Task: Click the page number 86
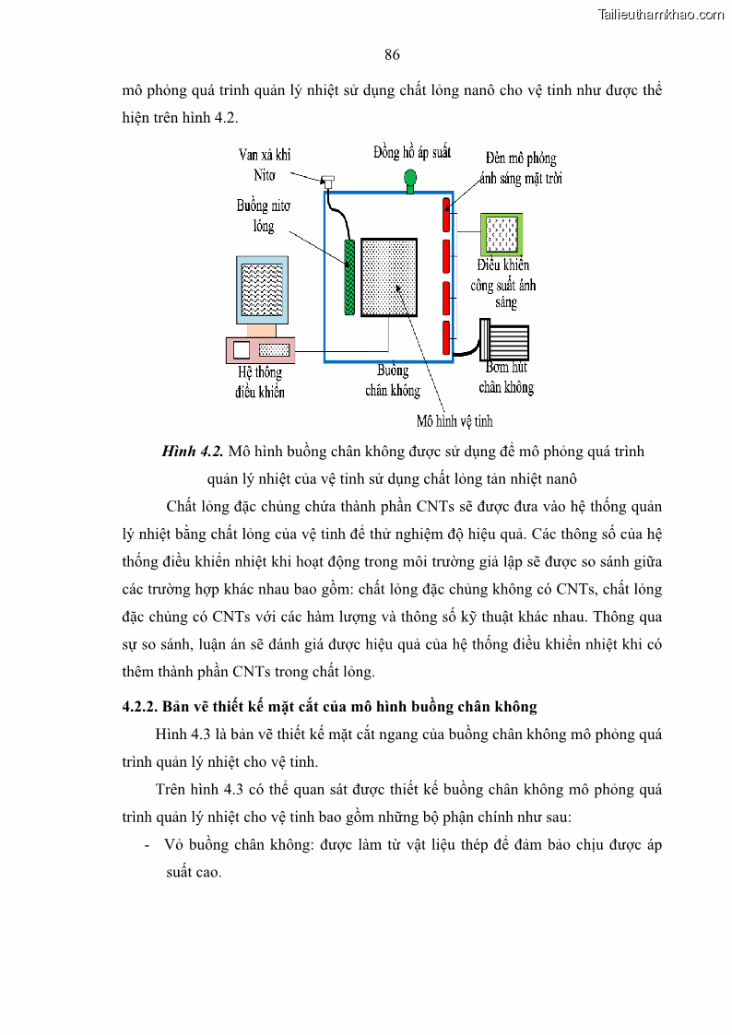(x=392, y=55)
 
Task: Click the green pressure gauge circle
(x=410, y=176)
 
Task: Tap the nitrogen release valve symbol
(x=327, y=182)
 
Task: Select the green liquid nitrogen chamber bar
(x=349, y=276)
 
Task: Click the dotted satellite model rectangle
(x=389, y=277)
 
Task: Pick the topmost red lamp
(x=446, y=217)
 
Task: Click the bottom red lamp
(x=446, y=337)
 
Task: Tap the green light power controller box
(x=501, y=235)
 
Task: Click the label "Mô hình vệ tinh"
(x=455, y=421)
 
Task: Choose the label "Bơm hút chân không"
(x=506, y=378)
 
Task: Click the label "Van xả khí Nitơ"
(x=265, y=164)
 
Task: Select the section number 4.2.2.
(x=140, y=707)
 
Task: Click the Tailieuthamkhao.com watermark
(x=661, y=14)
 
